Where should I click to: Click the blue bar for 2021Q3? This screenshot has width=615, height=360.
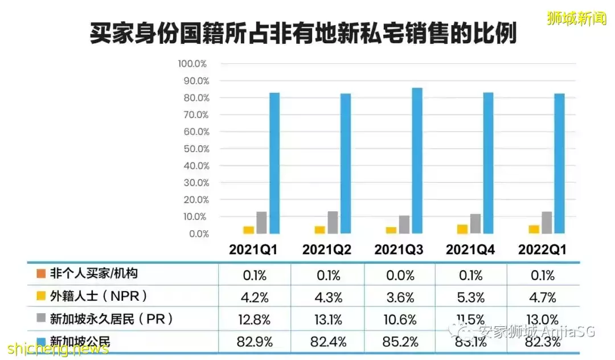(417, 161)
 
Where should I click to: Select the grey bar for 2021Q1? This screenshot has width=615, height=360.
(261, 223)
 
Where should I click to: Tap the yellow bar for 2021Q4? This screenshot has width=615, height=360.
(462, 229)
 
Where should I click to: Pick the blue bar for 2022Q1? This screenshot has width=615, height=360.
(559, 163)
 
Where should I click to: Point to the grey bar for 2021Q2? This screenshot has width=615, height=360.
(333, 222)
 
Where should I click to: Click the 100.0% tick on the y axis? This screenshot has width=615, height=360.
(194, 63)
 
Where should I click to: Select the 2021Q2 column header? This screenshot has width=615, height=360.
(326, 250)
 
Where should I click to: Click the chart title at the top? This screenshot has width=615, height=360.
(304, 34)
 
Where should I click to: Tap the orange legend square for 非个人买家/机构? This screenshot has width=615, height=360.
(40, 274)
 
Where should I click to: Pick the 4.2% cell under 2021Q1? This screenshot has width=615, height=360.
(254, 297)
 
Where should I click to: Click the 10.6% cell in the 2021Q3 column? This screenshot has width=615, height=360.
(399, 320)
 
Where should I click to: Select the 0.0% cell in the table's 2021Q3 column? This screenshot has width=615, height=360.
(399, 275)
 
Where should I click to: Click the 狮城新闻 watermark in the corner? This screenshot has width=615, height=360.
(576, 19)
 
